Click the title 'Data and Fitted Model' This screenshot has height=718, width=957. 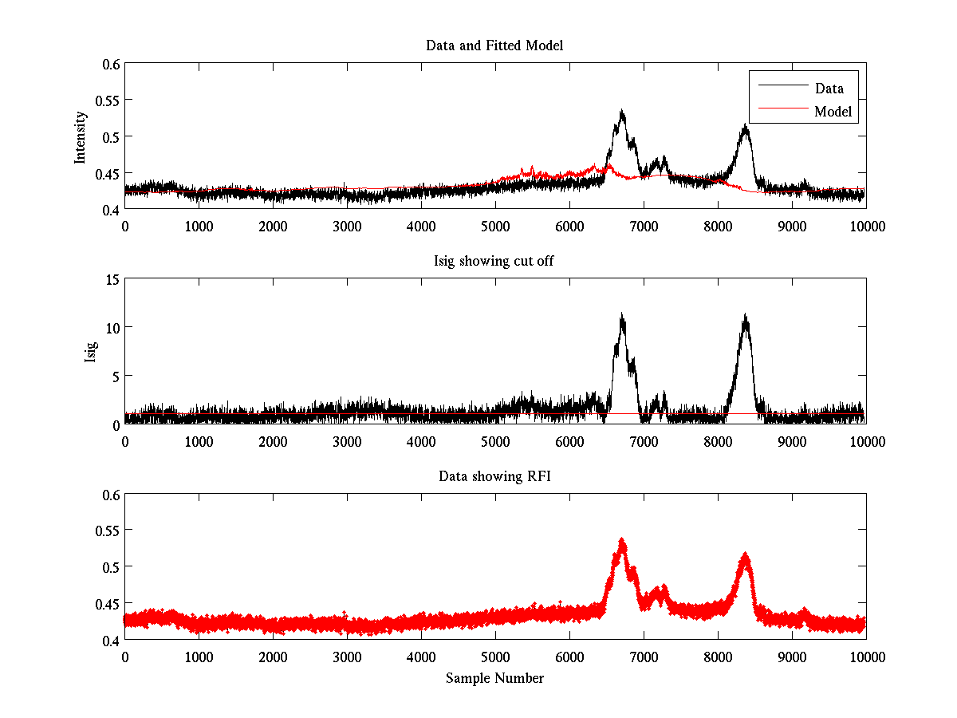pos(494,45)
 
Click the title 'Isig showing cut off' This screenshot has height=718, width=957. pos(494,262)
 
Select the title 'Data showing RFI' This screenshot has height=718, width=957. pos(494,476)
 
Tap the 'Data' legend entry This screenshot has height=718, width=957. pos(829,88)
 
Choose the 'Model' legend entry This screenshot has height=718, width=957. pos(833,112)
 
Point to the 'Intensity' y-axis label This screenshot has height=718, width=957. pos(80,136)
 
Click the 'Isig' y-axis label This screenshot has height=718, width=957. pos(90,352)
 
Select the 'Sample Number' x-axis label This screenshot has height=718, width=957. pos(494,679)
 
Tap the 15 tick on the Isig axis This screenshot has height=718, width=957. pos(111,279)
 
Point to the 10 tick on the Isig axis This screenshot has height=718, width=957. pos(111,328)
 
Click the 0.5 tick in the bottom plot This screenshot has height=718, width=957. pos(109,567)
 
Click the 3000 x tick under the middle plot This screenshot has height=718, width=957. pos(347,442)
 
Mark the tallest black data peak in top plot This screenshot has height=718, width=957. pos(621,112)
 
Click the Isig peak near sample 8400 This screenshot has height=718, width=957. pos(746,316)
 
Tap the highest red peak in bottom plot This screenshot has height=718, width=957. pos(621,541)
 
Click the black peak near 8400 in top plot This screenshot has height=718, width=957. pos(746,126)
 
